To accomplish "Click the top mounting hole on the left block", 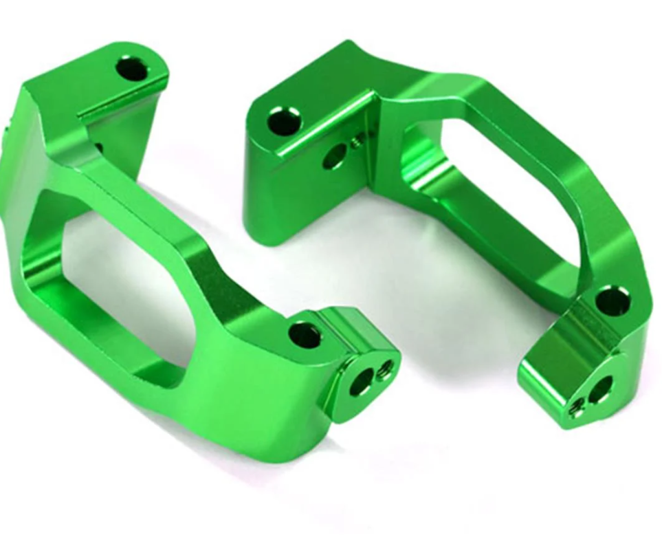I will point(131,69).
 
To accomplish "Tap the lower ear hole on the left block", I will point(305,335).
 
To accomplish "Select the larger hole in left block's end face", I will point(361,382).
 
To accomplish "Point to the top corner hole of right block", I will point(283,121).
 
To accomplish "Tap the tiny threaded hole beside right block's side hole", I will point(356,143).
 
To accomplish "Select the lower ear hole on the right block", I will point(612,301).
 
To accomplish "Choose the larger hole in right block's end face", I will point(600,389).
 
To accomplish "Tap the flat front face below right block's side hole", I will point(302,199).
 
